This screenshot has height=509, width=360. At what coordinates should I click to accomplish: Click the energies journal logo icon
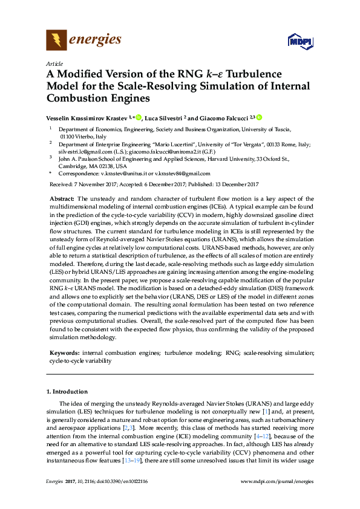(56, 41)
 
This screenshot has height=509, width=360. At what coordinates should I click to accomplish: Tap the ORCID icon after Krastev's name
(137, 117)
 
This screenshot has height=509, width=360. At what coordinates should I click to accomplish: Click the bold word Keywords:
(63, 352)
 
